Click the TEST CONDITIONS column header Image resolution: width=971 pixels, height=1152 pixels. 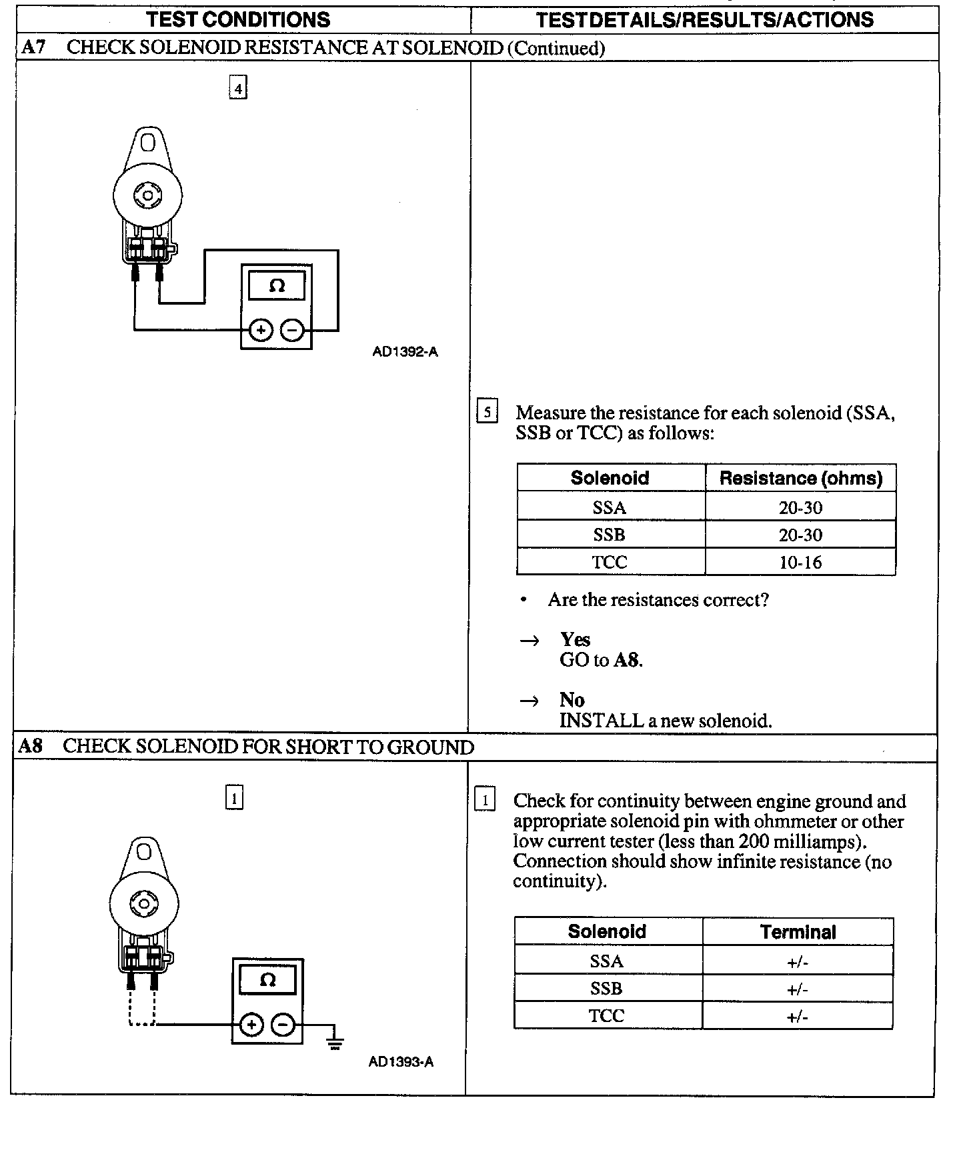(238, 19)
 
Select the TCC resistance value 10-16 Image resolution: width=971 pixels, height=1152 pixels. (800, 563)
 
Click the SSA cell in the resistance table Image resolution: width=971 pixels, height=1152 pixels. (610, 508)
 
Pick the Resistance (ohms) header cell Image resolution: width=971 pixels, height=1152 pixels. (800, 478)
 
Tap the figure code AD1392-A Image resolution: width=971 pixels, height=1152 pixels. (405, 352)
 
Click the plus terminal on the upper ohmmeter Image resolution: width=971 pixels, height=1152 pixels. (261, 330)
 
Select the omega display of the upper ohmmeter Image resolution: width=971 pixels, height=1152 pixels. (277, 286)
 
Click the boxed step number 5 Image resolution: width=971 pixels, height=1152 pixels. (488, 412)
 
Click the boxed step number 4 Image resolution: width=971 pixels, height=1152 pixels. (238, 88)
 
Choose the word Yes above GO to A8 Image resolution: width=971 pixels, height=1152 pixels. (575, 640)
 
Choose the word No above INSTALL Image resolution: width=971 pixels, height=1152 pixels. (572, 700)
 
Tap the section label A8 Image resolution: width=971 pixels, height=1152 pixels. (30, 746)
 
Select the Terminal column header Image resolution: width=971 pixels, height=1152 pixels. (798, 932)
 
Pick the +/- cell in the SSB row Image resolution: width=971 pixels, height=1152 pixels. (798, 989)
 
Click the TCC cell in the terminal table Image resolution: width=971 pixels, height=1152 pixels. (606, 1016)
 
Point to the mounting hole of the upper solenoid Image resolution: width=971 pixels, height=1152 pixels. (148, 143)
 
